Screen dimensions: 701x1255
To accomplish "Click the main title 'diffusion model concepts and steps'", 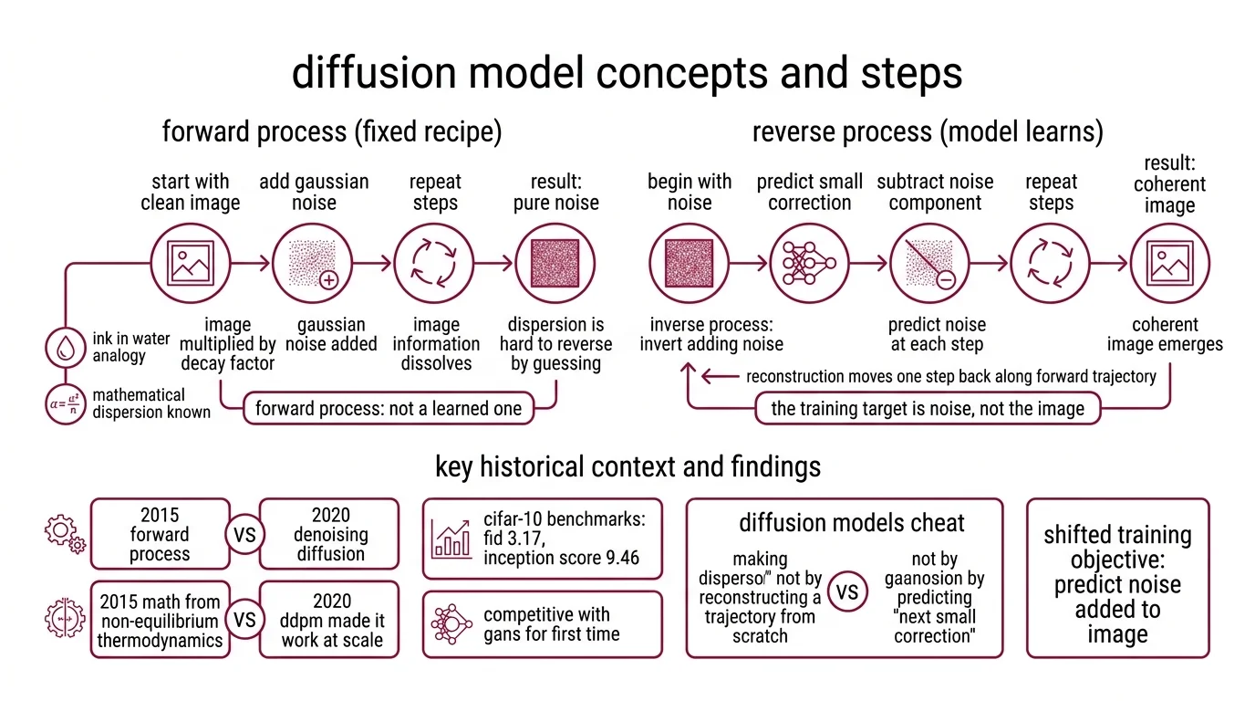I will (627, 73).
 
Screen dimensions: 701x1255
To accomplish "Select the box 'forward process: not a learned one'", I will (388, 408).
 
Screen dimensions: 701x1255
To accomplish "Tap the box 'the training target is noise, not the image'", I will (928, 408).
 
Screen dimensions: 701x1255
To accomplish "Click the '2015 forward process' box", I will (160, 534).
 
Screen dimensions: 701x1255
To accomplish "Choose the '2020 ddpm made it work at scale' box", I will (330, 619).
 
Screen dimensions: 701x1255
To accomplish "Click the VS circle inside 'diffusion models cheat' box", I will (846, 592).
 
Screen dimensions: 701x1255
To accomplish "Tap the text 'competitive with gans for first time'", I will (551, 624).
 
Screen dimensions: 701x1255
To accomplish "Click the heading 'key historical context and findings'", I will (627, 467).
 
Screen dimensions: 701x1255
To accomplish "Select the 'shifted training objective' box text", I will (1117, 584).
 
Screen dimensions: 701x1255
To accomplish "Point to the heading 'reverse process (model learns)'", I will (927, 132).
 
